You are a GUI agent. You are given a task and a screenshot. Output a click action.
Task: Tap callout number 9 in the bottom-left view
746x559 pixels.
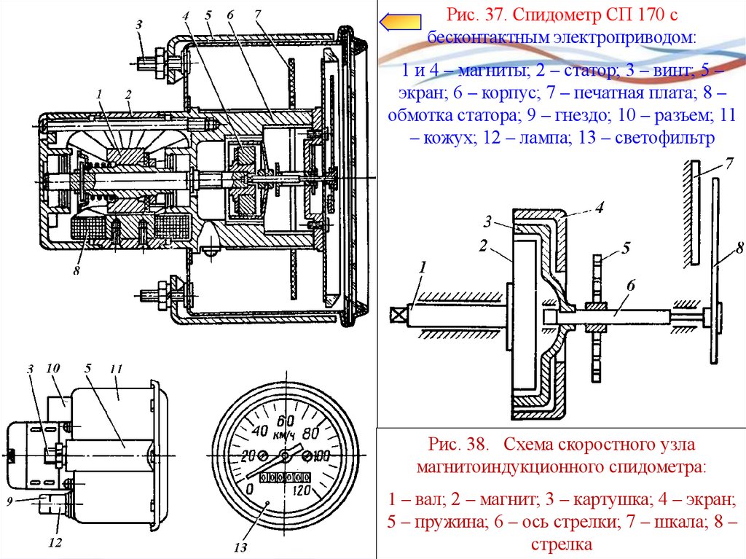10,501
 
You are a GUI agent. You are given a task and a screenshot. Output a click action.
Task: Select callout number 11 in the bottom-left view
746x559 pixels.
114,370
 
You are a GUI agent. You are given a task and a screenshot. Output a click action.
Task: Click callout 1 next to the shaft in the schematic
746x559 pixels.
421,270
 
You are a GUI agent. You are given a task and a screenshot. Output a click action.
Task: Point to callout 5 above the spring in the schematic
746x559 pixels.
625,249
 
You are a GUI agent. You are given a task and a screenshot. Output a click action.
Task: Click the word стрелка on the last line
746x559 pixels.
561,544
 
